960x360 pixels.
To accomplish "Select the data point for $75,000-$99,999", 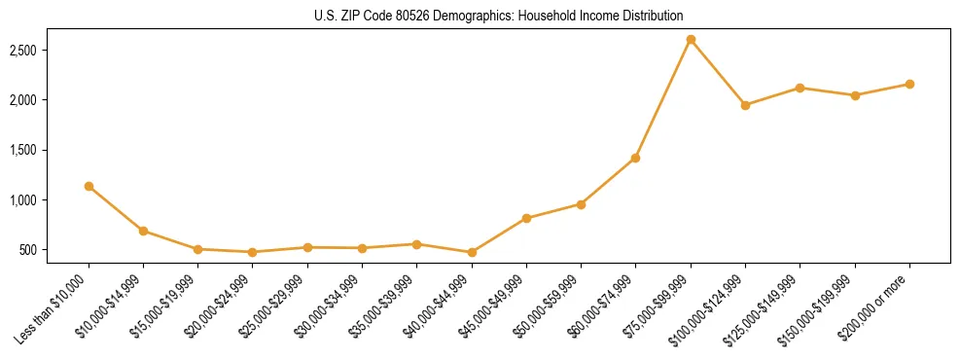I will point(691,40).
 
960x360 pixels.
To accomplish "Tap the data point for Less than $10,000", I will point(89,186).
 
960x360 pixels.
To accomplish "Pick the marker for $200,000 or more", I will point(909,84).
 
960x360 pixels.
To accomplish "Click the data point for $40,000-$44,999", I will point(472,252).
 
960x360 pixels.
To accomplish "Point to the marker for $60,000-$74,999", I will point(635,158).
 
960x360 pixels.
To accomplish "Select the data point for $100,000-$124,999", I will point(745,105).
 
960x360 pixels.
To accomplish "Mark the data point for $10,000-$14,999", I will point(143,231).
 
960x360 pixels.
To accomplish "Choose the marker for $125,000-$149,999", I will point(800,88).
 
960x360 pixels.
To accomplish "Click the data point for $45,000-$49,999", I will point(526,218).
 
